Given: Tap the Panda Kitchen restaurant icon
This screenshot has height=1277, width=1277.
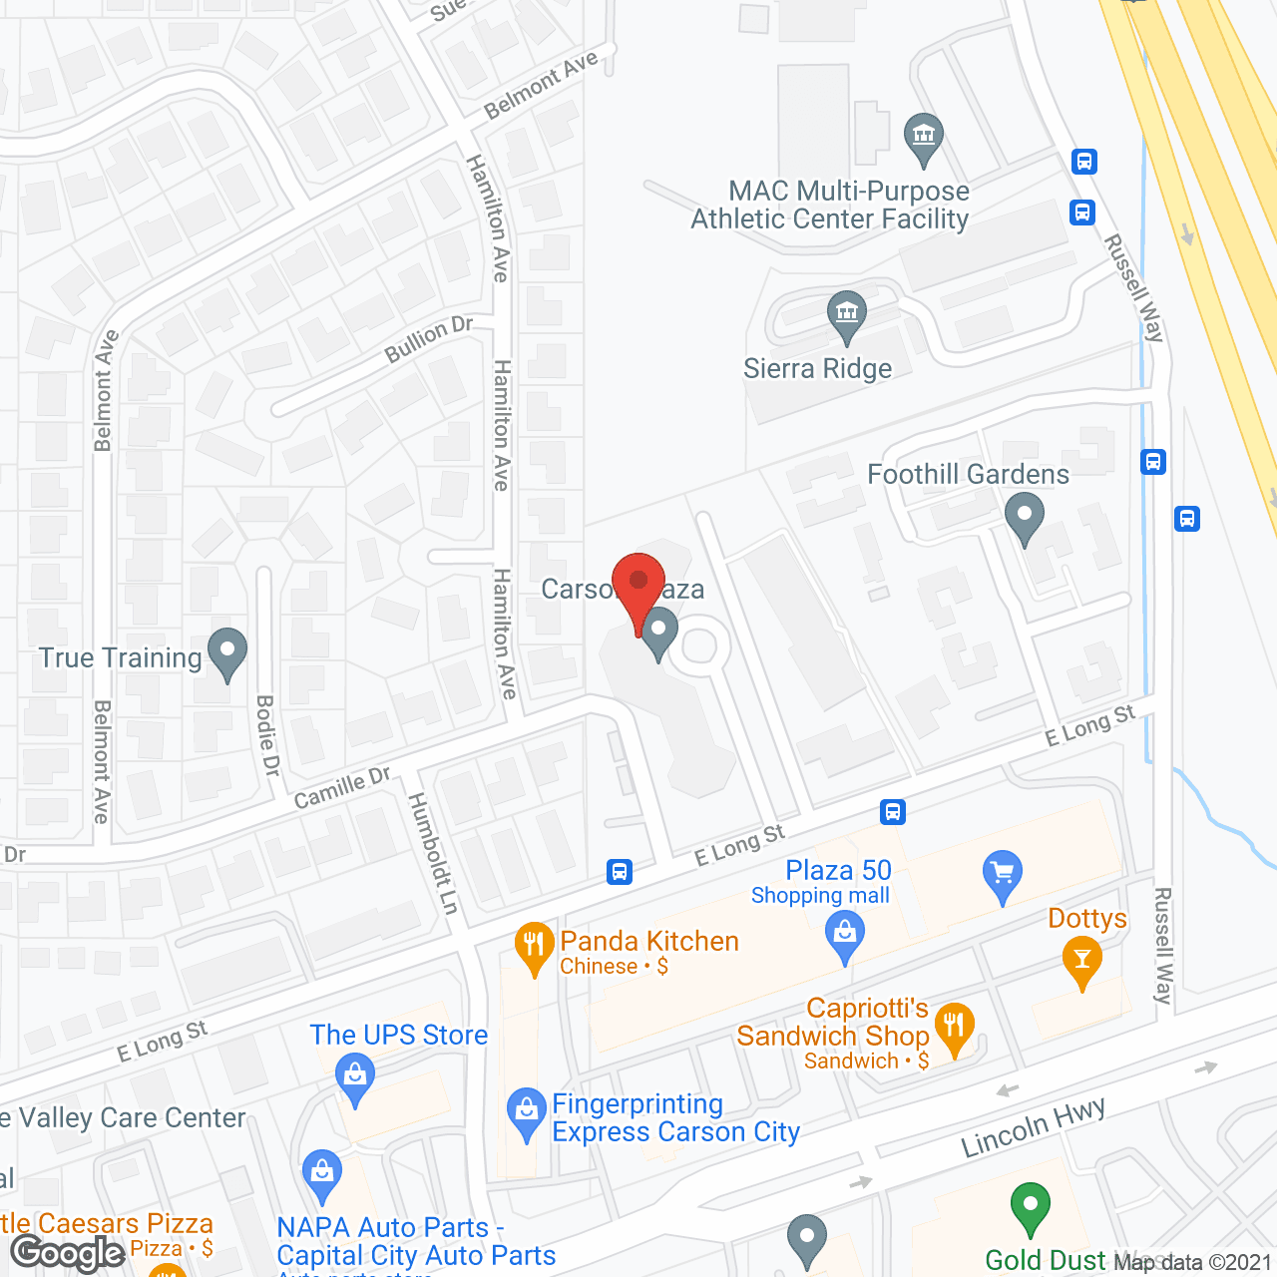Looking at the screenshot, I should coord(535,946).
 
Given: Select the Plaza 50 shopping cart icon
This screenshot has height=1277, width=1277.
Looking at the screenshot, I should coord(1003,874).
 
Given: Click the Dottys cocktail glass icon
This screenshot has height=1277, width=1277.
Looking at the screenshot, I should coord(1082,963).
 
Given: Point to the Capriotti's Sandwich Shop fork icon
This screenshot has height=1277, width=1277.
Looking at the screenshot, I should coord(955,1027).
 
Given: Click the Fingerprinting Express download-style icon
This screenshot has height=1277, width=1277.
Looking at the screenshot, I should coord(526,1111).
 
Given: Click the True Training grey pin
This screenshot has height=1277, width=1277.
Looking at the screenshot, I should coord(227,652).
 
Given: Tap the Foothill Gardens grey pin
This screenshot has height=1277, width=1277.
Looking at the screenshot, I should coord(1024,519).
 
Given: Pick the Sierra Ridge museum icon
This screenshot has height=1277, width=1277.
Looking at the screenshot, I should coord(847,314).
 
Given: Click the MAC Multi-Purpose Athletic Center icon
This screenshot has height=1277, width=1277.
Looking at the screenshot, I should coord(924,137).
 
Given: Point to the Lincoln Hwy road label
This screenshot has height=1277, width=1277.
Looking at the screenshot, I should coord(1033,1127).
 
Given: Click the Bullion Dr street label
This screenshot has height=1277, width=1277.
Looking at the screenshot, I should coord(429,339).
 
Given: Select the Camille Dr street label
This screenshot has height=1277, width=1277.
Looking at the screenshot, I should coord(342,788).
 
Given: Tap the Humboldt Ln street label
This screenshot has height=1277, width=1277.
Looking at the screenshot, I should coord(433,853).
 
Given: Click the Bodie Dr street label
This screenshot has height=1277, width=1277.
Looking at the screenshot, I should coord(266,735).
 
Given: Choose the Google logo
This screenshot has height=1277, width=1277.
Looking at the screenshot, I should coord(68,1252).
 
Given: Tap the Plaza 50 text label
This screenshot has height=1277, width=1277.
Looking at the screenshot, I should coord(838,870).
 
